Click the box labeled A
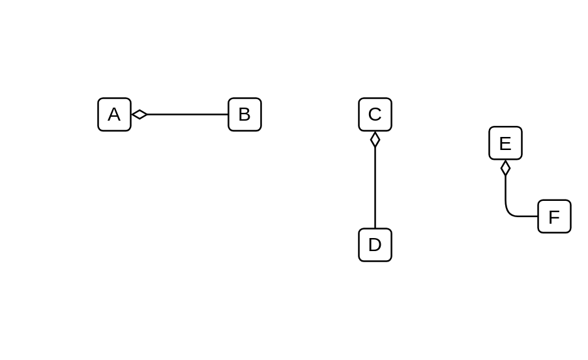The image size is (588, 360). (114, 114)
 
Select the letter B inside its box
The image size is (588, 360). (244, 114)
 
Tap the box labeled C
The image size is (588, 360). (375, 114)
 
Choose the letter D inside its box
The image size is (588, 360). (375, 245)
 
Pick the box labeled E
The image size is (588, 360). (505, 143)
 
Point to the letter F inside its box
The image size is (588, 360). (554, 217)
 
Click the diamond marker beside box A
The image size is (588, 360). (140, 114)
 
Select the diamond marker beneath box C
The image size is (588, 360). (375, 140)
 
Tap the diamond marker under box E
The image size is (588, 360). (505, 168)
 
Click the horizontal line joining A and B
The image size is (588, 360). (188, 114)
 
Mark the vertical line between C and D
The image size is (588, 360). (375, 188)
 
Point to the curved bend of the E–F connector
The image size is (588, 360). (510, 212)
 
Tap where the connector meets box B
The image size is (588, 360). (228, 114)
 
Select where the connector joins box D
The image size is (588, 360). (375, 228)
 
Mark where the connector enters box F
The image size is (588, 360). (538, 217)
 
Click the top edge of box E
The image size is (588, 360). (505, 127)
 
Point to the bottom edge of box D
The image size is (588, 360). (375, 261)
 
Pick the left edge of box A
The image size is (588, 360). (98, 114)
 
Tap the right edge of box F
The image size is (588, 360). (571, 217)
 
